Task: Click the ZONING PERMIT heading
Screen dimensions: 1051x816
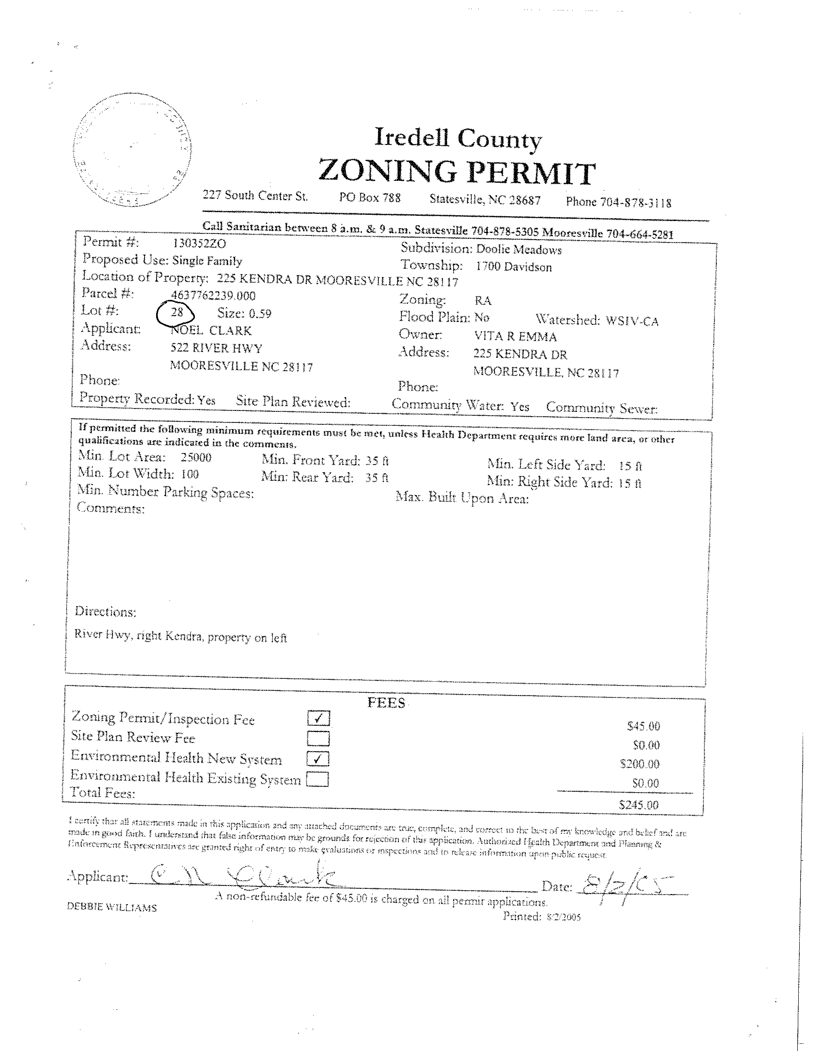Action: point(457,172)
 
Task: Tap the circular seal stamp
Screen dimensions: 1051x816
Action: point(134,151)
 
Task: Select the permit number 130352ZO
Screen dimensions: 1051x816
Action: point(199,243)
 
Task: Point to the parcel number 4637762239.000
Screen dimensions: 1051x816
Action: point(213,296)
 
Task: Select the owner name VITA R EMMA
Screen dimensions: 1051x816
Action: point(515,337)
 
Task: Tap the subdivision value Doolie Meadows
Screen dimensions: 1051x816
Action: point(518,250)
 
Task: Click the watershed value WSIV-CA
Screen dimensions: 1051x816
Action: point(631,321)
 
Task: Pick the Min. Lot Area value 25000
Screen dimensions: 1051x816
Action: point(196,457)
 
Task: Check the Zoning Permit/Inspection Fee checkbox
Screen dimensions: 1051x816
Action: point(318,719)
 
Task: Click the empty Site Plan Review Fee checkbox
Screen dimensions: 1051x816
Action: point(318,738)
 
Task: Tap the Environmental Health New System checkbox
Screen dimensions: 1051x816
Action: point(318,759)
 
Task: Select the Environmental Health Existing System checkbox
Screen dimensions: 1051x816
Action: point(317,779)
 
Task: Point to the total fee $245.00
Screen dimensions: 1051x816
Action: point(638,804)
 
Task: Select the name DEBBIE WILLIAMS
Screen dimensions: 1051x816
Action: point(112,907)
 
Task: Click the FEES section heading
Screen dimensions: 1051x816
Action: point(386,703)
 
